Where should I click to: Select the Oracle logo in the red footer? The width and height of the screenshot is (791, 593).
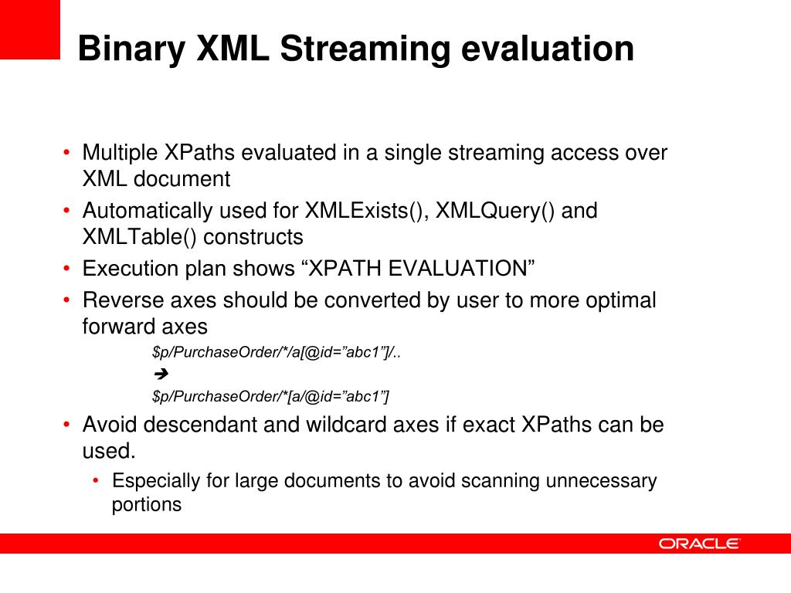(x=699, y=544)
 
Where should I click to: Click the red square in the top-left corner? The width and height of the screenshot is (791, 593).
(x=29, y=29)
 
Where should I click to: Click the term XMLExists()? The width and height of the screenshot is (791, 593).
(x=366, y=211)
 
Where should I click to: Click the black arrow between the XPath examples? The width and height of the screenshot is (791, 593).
(x=161, y=375)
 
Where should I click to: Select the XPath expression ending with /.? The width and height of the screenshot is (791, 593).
(x=277, y=353)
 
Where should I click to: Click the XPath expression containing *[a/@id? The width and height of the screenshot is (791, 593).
(x=271, y=397)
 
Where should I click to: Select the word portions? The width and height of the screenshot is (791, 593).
(x=147, y=505)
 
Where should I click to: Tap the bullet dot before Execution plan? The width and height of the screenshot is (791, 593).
(x=66, y=269)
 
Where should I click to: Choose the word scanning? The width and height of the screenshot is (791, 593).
(x=501, y=481)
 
